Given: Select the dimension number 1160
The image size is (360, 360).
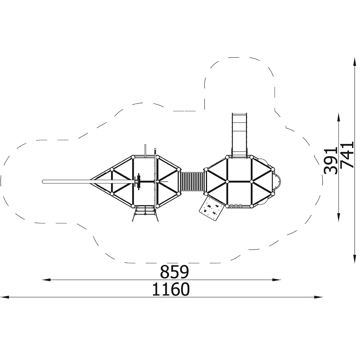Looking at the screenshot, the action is tap(171, 289).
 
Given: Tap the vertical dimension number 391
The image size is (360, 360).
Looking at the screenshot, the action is tap(330, 161).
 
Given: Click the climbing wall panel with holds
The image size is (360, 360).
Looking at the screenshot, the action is tap(211, 208).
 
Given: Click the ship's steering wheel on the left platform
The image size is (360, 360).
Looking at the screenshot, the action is tap(139, 181).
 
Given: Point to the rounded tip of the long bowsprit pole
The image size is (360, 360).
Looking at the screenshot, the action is tap(43, 181).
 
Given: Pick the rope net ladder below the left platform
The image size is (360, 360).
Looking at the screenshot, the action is tap(145, 213).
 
